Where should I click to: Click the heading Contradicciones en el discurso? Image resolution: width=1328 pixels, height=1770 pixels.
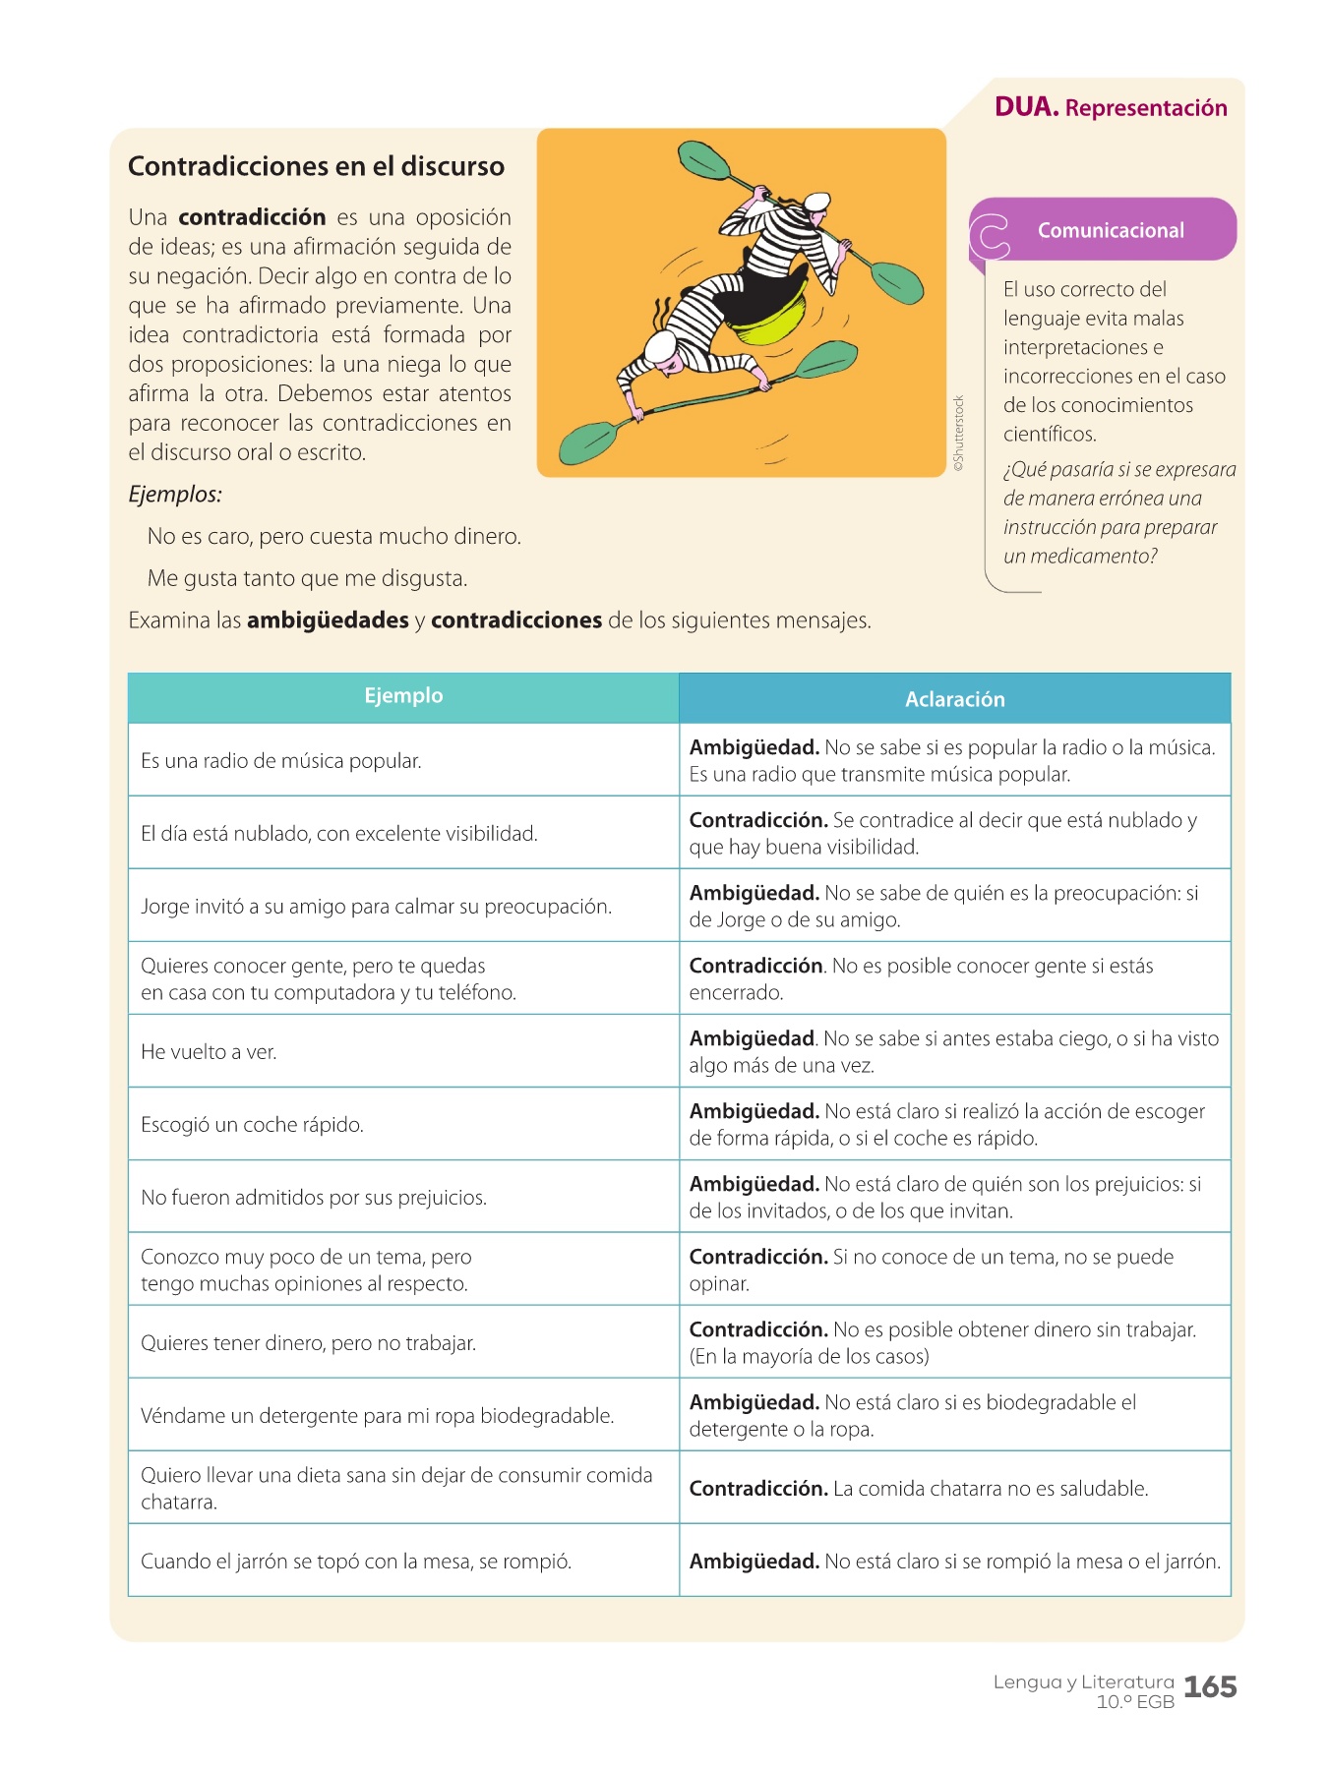click(316, 166)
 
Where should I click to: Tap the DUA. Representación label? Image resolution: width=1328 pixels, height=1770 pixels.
click(1111, 107)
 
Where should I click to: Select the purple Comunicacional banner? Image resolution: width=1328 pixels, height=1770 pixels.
click(1110, 230)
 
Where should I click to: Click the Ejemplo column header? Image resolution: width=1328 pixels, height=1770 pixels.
click(403, 696)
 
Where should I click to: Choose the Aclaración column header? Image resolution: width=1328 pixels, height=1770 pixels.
click(954, 699)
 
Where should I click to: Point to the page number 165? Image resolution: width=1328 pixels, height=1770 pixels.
click(1210, 1687)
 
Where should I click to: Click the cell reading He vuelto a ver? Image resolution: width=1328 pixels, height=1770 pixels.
click(209, 1052)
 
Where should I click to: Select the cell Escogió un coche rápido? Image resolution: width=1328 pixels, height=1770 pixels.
click(252, 1125)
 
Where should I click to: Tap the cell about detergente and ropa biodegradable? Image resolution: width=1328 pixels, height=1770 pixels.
click(377, 1416)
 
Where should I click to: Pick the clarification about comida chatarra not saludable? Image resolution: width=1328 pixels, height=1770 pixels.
click(918, 1489)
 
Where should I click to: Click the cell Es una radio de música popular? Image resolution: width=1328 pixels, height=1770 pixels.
click(280, 761)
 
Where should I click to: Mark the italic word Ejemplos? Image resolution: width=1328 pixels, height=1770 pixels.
click(175, 494)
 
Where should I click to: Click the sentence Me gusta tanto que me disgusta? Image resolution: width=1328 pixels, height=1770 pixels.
click(307, 578)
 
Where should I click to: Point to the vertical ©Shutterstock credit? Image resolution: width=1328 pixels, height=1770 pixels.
click(959, 433)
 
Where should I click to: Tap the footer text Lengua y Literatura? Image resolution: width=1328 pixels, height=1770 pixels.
click(1083, 1681)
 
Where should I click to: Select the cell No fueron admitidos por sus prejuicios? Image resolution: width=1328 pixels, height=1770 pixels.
click(314, 1198)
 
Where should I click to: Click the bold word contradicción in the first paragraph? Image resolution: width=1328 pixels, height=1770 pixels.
click(252, 217)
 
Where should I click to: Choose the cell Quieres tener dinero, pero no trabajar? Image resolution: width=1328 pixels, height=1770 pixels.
click(308, 1343)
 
